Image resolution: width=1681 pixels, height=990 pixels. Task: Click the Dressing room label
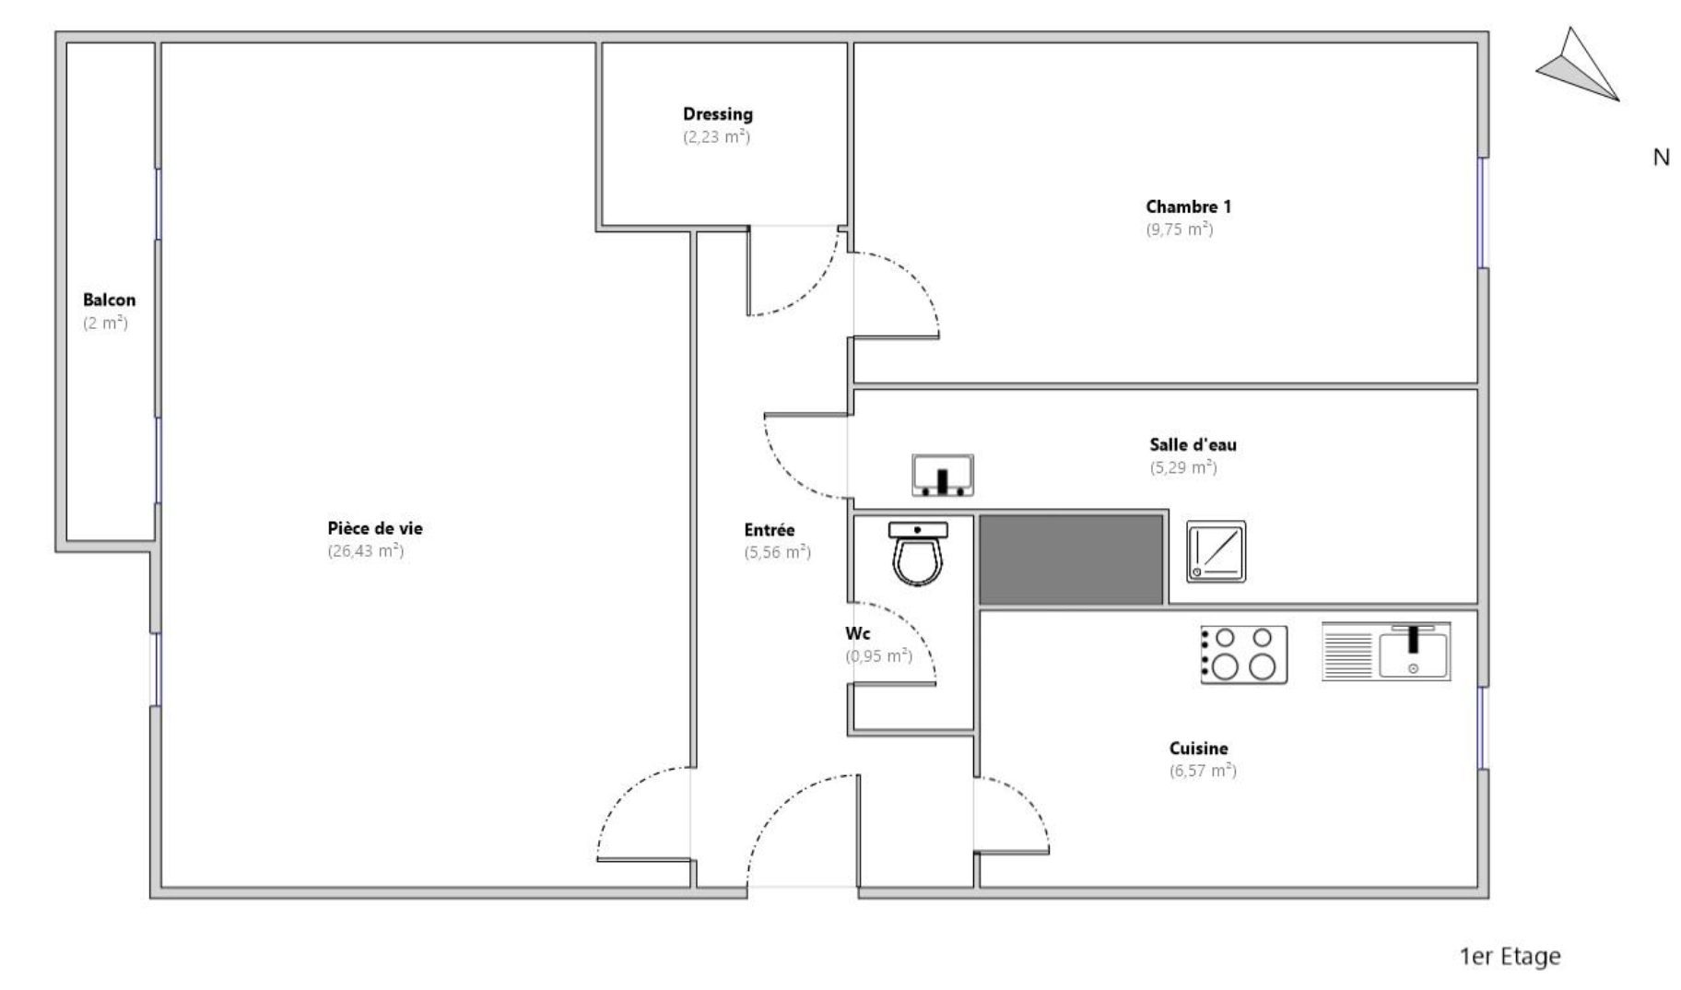717,114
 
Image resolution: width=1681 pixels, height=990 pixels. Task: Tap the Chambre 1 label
1188,206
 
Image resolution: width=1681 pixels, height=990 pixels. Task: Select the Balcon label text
109,300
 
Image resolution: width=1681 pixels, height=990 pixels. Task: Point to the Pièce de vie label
375,528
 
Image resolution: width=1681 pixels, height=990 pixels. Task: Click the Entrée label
769,530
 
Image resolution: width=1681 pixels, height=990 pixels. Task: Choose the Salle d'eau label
1193,444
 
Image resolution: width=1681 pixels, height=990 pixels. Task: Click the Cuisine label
1198,748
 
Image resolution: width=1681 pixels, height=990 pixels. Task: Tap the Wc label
857,634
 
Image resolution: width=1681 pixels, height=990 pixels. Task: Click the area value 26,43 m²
366,551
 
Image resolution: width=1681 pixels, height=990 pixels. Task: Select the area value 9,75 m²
1179,230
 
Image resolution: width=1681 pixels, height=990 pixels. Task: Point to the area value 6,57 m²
1203,771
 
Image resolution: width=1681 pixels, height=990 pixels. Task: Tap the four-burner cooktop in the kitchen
1243,654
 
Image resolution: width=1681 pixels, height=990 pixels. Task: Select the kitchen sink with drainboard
1385,652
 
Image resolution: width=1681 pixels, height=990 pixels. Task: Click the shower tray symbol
1216,551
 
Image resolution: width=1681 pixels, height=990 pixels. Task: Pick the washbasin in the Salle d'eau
943,476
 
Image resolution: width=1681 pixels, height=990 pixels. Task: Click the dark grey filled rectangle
1071,560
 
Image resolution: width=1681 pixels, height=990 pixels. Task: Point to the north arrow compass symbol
1577,66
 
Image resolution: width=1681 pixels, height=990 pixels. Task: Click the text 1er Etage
1510,957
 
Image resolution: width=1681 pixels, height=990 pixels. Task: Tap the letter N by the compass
1661,158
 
